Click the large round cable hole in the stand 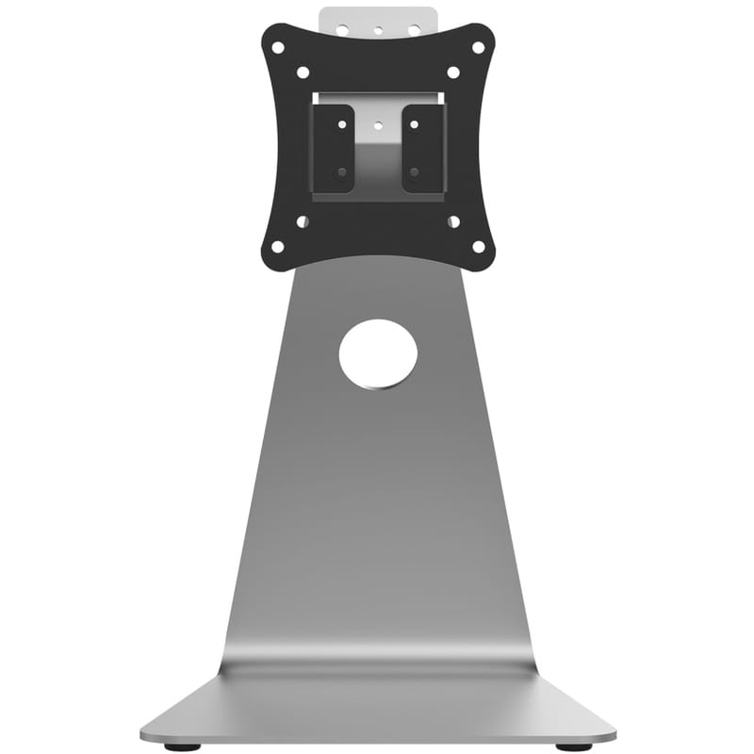tap(378, 354)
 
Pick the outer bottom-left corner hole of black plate tap(277, 247)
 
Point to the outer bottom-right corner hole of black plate tap(478, 247)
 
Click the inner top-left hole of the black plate tap(303, 73)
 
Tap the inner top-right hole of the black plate tap(453, 73)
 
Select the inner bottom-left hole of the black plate tap(303, 222)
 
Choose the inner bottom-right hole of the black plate tap(453, 222)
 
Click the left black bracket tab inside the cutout tap(334, 148)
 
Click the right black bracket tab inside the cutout tap(422, 148)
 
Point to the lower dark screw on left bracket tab tap(341, 172)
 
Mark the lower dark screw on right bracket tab tap(415, 172)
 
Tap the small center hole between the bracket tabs tap(378, 123)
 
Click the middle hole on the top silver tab tap(378, 30)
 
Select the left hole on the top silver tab tap(343, 30)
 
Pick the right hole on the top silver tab tap(413, 30)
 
